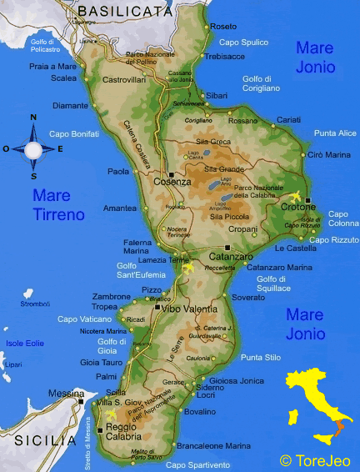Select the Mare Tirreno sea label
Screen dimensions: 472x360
pyautogui.click(x=58, y=204)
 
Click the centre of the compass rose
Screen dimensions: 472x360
pyautogui.click(x=33, y=150)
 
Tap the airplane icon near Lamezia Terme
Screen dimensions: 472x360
pyautogui.click(x=187, y=269)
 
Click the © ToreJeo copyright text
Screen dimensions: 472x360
pyautogui.click(x=314, y=459)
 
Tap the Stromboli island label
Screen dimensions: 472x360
pyautogui.click(x=34, y=304)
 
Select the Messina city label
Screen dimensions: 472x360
pyautogui.click(x=66, y=393)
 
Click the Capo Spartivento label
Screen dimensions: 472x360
pyautogui.click(x=197, y=464)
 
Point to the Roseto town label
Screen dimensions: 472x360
pyautogui.click(x=223, y=27)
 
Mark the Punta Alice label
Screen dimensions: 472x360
pyautogui.click(x=335, y=133)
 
